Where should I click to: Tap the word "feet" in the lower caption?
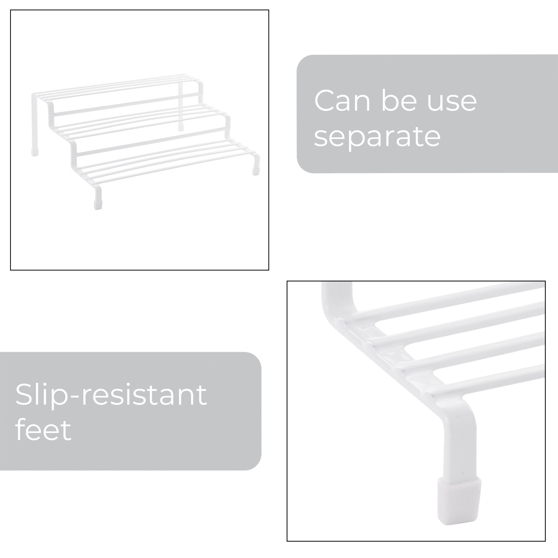pos(43,430)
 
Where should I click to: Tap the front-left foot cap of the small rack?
pos(98,205)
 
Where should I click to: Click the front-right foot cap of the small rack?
pos(256,171)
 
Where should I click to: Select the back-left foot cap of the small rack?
pos(35,152)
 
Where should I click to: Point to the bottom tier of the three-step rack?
pos(165,162)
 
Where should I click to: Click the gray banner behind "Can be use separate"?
pos(427,114)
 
